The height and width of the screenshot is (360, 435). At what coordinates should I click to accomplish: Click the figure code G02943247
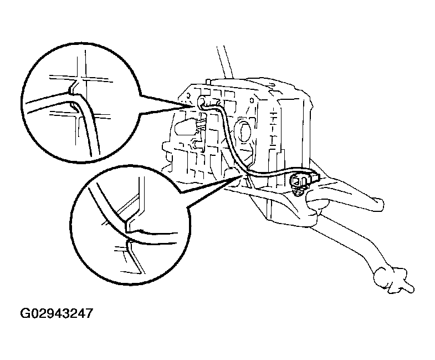[57, 313]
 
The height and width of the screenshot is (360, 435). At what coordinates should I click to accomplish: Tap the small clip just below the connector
[299, 192]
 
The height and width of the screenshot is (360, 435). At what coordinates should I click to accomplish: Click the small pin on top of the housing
[206, 83]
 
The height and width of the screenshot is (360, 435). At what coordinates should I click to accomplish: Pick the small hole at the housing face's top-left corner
[191, 88]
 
